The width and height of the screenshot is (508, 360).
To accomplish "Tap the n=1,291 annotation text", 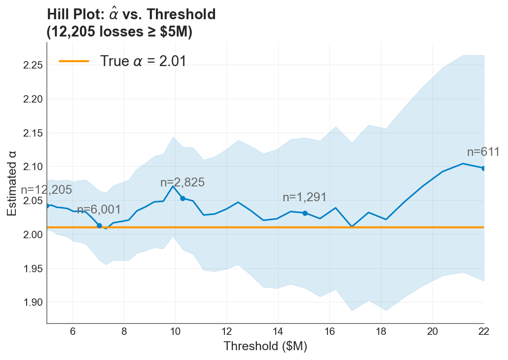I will pos(305,197).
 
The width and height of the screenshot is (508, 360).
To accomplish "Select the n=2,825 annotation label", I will pos(182,182).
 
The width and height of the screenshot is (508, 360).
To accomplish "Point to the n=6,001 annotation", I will pos(99,210).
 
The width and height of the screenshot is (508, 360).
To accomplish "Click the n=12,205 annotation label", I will pos(46,190).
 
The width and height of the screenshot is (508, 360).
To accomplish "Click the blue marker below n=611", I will pos(484,168).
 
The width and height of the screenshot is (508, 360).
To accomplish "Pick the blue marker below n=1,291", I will pos(305,213).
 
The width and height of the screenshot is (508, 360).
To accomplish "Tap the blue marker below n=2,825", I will pos(182,198).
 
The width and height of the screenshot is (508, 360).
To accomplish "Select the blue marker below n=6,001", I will pos(99,225).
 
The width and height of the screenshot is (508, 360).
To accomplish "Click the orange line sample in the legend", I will pos(74,61).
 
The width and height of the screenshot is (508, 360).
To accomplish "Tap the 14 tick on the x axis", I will pos(278,331).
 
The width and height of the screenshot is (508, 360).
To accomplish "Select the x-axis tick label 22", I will pos(483,331).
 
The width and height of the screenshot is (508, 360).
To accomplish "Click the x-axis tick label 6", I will pos(73,331).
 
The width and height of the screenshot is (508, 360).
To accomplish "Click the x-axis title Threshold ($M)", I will pos(265,346).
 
